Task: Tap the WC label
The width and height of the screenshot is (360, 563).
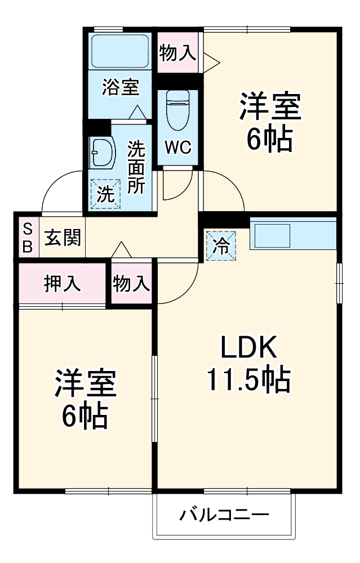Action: click(178, 148)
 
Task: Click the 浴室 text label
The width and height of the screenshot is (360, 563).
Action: click(120, 88)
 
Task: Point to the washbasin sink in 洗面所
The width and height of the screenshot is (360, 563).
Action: click(102, 151)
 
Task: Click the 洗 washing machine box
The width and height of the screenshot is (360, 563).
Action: click(105, 194)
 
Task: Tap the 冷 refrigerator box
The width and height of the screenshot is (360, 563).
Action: click(221, 245)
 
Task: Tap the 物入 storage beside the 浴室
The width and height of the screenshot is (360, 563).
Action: click(178, 53)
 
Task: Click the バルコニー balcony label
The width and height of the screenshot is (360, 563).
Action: click(224, 515)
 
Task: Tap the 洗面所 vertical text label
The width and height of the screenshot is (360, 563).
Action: click(136, 167)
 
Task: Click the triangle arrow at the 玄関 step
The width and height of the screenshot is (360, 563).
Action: click(121, 250)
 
